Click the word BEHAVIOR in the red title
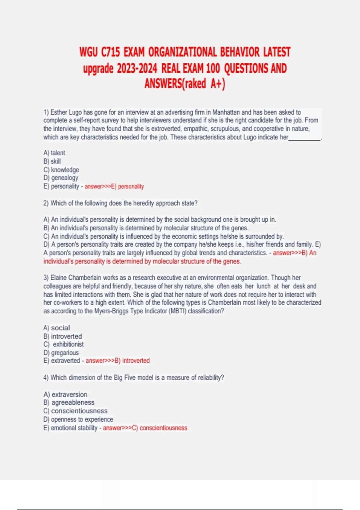click(240, 52)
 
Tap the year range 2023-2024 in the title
click(137, 69)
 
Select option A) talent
click(54, 153)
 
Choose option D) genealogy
click(61, 178)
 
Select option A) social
click(57, 328)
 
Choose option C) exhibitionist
click(64, 344)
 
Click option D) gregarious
click(61, 353)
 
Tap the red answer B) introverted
click(132, 361)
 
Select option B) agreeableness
click(69, 403)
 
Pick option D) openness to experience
click(78, 419)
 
